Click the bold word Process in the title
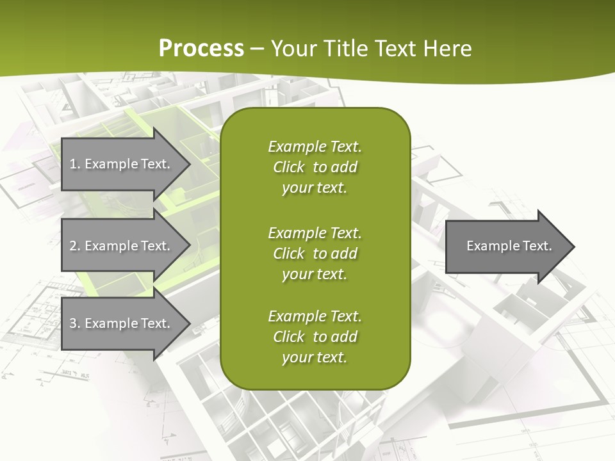(x=201, y=49)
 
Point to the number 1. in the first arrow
(x=75, y=164)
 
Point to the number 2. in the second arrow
(x=75, y=246)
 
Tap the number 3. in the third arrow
(x=75, y=323)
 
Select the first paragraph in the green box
(x=315, y=167)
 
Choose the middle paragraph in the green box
(x=315, y=254)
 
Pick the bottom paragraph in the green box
(x=315, y=337)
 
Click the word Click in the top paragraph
(x=288, y=167)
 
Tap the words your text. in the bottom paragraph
(x=315, y=357)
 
